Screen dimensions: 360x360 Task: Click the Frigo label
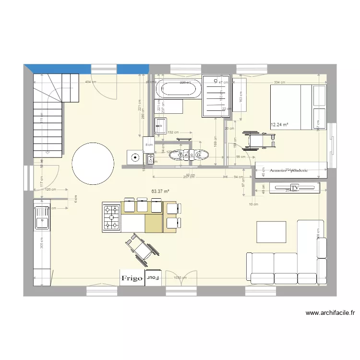tap(132, 278)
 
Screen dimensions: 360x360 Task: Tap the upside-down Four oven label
tap(153, 278)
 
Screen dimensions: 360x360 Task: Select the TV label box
tap(294, 187)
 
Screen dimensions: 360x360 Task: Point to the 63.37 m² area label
tap(160, 191)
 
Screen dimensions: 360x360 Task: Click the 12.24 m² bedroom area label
tap(279, 125)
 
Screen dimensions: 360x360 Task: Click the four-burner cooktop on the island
tap(111, 217)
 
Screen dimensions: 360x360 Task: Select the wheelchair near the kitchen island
tap(139, 248)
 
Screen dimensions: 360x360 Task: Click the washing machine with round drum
tap(135, 157)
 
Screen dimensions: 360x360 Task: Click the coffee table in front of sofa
tap(272, 232)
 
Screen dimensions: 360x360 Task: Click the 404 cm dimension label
tap(90, 83)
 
